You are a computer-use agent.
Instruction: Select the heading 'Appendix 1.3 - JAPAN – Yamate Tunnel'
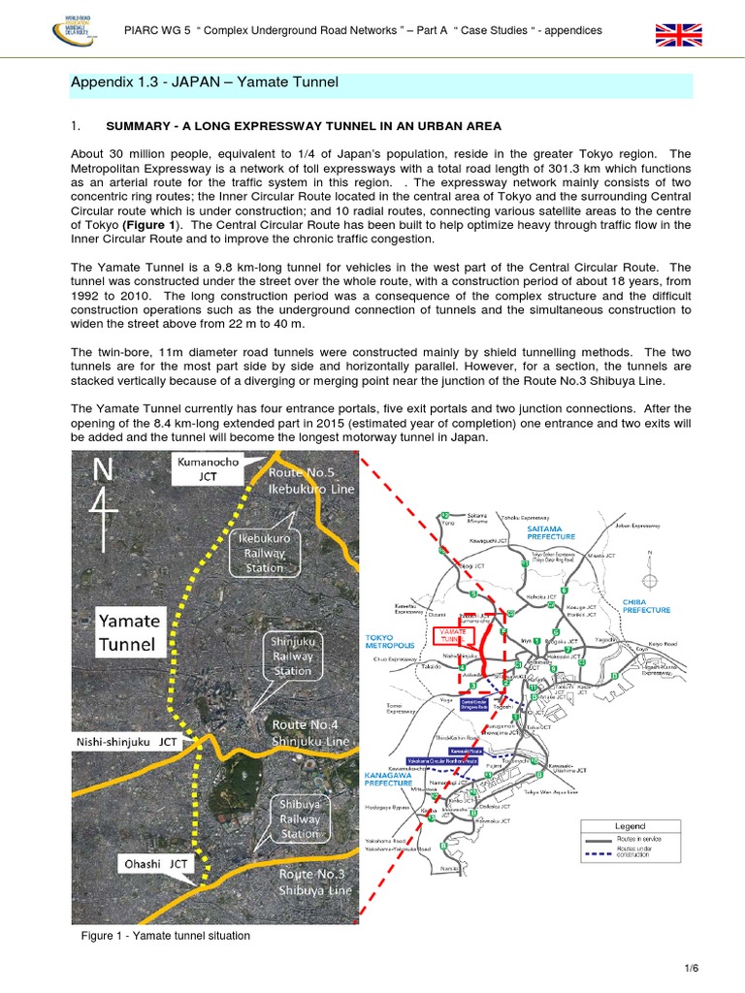(x=205, y=82)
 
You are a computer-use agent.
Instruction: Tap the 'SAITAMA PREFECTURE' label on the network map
(x=551, y=531)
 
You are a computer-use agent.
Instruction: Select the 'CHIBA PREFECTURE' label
(x=646, y=605)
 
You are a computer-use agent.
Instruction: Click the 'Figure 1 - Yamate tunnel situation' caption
(x=167, y=936)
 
